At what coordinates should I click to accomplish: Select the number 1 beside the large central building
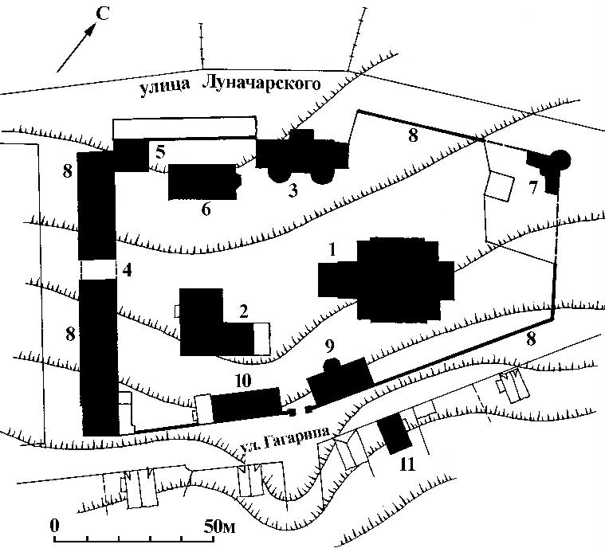point(329,250)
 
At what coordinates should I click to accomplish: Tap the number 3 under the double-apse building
point(293,190)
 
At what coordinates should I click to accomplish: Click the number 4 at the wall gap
point(127,270)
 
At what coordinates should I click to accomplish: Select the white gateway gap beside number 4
point(98,269)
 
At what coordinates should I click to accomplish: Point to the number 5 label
point(160,151)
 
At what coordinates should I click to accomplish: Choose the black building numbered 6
point(202,182)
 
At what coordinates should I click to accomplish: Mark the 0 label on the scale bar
point(54,527)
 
